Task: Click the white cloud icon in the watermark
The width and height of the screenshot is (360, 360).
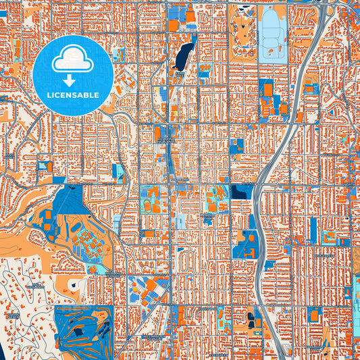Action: click(x=72, y=59)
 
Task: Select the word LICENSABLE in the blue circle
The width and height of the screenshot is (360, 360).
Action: click(x=72, y=95)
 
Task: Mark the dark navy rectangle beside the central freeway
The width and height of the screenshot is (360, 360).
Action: click(x=240, y=192)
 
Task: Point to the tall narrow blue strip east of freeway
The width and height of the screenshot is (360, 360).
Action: click(x=313, y=230)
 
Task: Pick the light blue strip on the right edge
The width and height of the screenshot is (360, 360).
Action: click(x=356, y=297)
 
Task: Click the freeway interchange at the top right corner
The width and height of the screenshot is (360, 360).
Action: click(x=331, y=8)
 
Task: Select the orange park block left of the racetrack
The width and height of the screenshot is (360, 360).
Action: click(x=240, y=27)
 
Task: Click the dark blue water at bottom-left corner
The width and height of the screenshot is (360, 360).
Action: click(x=3, y=351)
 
